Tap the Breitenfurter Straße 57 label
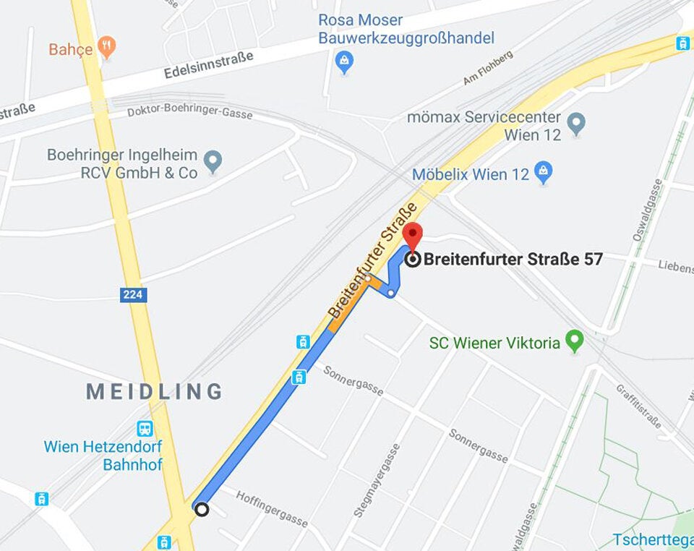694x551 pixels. point(513,259)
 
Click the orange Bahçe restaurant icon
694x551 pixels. point(107,48)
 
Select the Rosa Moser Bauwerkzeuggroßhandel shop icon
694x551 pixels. point(345,61)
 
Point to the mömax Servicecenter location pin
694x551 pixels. point(575,123)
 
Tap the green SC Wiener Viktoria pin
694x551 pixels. point(574,341)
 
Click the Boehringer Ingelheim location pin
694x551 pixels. point(212,161)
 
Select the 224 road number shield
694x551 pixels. point(134,294)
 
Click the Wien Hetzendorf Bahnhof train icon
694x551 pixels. point(145,429)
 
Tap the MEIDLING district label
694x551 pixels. point(154,391)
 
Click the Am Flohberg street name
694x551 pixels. point(488,67)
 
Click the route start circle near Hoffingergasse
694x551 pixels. point(202,509)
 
